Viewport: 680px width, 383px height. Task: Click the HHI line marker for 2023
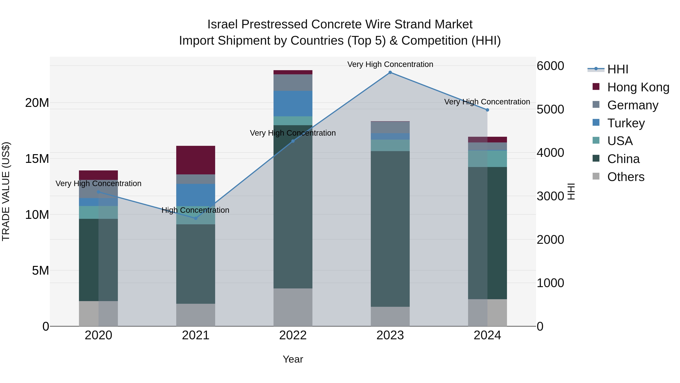click(390, 72)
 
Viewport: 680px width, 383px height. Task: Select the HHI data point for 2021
click(196, 218)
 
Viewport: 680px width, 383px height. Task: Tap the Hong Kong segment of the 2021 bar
click(196, 160)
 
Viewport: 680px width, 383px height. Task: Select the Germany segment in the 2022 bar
click(293, 82)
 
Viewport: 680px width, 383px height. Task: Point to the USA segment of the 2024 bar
click(487, 159)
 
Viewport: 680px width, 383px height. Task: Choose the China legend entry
click(623, 159)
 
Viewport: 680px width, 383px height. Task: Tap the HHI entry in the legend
click(617, 69)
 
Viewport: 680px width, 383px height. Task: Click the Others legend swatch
click(596, 176)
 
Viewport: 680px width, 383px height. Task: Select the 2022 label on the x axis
click(293, 335)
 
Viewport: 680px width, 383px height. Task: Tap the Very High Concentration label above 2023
click(390, 64)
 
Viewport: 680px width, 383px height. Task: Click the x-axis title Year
click(293, 359)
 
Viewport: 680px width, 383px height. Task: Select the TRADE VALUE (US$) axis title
click(6, 191)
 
